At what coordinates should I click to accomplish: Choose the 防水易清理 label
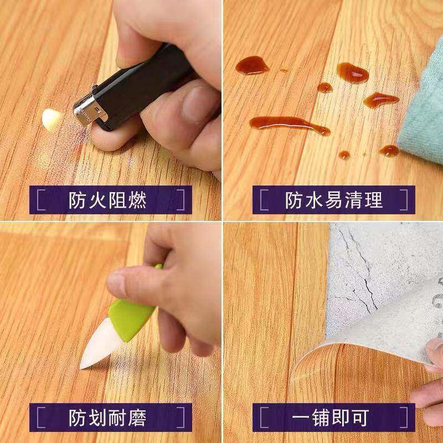click(x=334, y=200)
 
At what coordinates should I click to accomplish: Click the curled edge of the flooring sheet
click(x=310, y=354)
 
